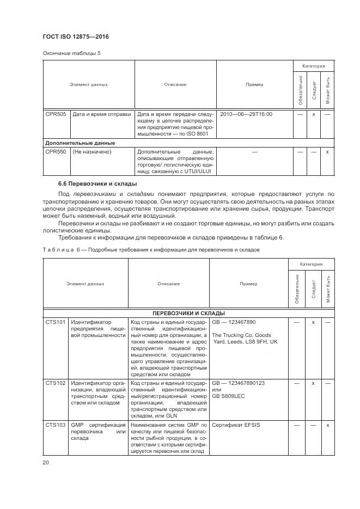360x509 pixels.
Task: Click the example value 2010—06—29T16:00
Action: pyautogui.click(x=246, y=114)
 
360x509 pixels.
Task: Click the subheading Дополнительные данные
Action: pyautogui.click(x=80, y=143)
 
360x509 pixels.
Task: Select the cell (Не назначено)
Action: pyautogui.click(x=92, y=152)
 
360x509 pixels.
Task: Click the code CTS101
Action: pyautogui.click(x=56, y=322)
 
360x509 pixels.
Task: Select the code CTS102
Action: pyautogui.click(x=56, y=383)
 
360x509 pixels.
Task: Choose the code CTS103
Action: pyautogui.click(x=56, y=425)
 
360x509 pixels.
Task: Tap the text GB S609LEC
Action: pyautogui.click(x=230, y=397)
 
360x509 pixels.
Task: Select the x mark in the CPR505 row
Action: pyautogui.click(x=314, y=114)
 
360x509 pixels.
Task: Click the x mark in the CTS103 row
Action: pyautogui.click(x=327, y=425)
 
